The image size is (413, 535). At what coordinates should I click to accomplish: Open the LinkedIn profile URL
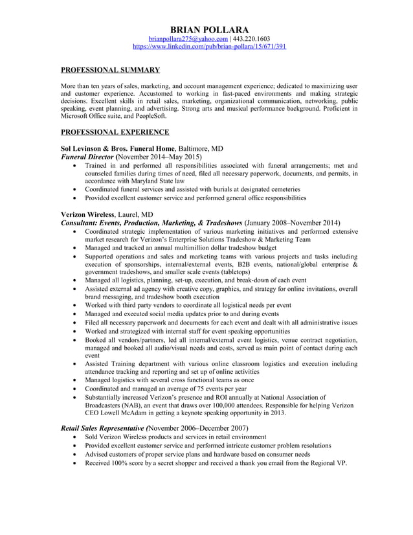(209, 47)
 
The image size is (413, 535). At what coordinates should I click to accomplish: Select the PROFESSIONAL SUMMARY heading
(110, 69)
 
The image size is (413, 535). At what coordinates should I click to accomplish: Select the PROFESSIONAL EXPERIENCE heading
(115, 132)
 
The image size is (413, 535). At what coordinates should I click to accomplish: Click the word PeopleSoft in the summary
(151, 116)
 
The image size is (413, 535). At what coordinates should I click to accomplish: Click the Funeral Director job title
(87, 157)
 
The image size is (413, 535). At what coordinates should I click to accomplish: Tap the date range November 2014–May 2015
(159, 157)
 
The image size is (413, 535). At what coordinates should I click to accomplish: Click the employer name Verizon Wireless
(87, 214)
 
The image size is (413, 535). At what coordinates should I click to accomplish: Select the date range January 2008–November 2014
(293, 223)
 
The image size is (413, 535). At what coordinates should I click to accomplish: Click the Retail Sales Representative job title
(102, 428)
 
